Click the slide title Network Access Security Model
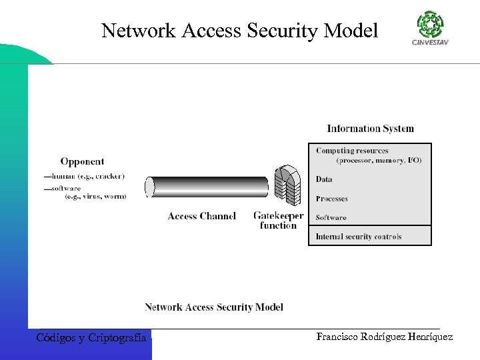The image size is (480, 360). [239, 30]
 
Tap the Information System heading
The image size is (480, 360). [370, 129]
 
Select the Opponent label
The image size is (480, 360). [82, 161]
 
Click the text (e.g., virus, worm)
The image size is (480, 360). [95, 196]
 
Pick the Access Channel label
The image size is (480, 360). [201, 216]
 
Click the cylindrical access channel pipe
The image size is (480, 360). [207, 187]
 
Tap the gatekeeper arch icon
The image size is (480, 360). [288, 185]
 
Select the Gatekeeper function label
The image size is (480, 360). [278, 221]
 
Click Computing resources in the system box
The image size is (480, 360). [352, 151]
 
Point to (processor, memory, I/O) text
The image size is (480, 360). [379, 161]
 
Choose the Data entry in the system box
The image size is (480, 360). [324, 179]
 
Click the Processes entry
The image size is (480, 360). [331, 199]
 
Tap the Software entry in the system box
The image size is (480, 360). [331, 217]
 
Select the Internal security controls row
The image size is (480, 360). [359, 237]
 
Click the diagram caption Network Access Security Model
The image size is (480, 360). [213, 307]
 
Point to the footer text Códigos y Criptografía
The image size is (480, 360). [91, 338]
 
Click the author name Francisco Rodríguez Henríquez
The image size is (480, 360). [385, 338]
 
